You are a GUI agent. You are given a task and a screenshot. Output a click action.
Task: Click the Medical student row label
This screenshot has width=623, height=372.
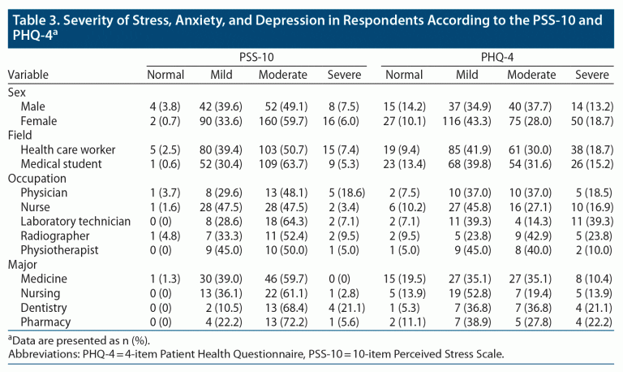(62, 163)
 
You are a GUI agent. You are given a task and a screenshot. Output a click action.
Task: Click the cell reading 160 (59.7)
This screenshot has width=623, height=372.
(283, 120)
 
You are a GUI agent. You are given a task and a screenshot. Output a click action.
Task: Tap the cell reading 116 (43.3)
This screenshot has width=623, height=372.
(466, 120)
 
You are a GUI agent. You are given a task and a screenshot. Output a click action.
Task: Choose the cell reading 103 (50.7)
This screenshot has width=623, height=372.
(283, 149)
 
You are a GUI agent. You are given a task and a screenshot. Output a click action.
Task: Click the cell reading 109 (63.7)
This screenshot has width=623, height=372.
(283, 163)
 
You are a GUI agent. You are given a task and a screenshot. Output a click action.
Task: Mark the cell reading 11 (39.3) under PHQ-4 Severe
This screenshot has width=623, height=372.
(591, 222)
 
